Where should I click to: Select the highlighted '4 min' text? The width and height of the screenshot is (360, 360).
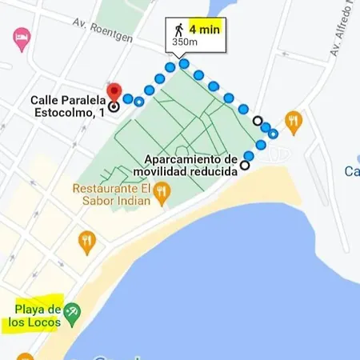[x=204, y=29]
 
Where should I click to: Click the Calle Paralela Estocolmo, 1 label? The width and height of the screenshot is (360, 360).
[x=68, y=107]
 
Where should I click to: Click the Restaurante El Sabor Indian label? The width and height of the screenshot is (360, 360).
[x=112, y=194]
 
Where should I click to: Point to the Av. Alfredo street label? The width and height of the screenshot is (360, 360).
[x=339, y=32]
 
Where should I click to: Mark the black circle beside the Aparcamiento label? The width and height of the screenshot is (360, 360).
[x=244, y=166]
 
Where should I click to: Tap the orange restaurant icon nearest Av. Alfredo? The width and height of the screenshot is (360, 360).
[x=294, y=121]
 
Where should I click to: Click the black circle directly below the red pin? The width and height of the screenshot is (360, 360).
[x=114, y=106]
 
